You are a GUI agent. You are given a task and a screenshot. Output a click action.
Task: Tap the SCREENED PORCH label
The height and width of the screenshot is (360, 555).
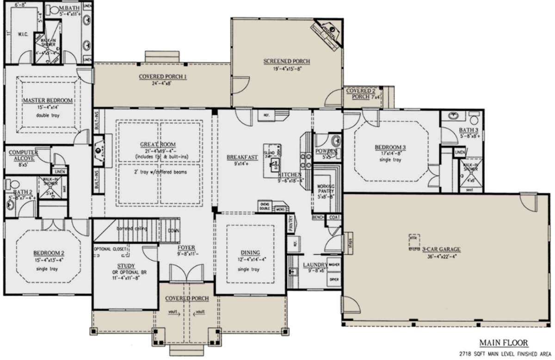pyautogui.click(x=286, y=61)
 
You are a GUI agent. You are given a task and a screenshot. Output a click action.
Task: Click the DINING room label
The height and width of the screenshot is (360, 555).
pyautogui.click(x=250, y=252)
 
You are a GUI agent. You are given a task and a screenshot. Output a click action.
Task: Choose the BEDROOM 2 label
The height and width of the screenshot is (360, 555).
pyautogui.click(x=48, y=253)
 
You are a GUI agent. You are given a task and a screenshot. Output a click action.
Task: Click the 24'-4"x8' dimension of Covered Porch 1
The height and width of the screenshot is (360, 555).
pyautogui.click(x=163, y=84)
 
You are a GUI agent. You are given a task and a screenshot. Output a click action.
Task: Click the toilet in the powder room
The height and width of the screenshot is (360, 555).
pyautogui.click(x=336, y=140)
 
